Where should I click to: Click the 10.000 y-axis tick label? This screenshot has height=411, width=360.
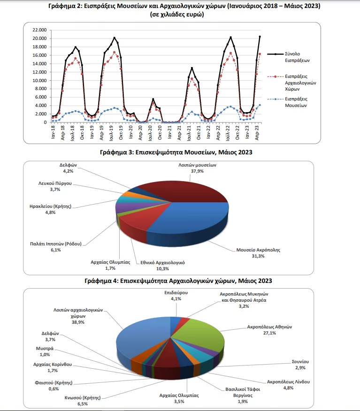39,80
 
